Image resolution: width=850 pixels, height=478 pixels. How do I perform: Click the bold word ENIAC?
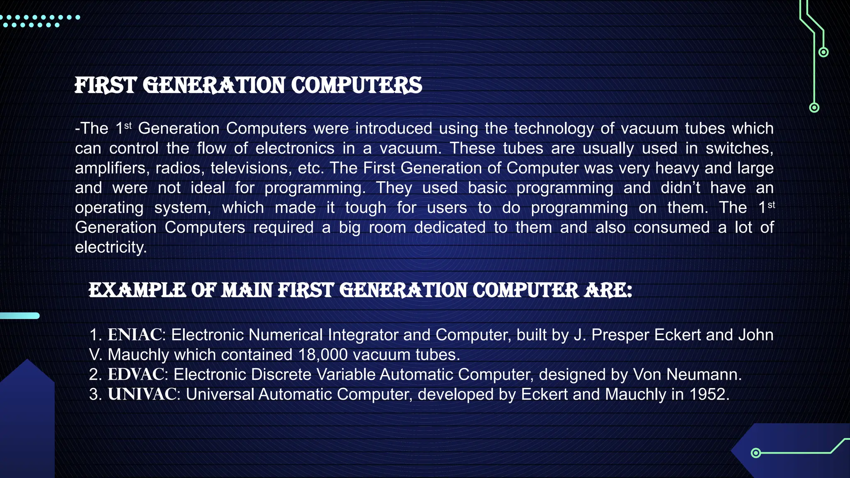tap(134, 335)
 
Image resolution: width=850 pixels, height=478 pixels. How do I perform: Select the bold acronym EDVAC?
tap(136, 374)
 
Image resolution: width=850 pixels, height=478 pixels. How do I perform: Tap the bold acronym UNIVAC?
tap(142, 394)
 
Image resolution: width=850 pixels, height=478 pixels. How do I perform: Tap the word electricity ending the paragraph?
tap(110, 247)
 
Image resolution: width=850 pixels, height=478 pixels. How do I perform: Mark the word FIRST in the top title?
tap(105, 85)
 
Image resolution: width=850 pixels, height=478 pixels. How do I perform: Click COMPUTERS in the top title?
tap(356, 85)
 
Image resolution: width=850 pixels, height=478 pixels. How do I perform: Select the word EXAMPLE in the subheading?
tap(137, 290)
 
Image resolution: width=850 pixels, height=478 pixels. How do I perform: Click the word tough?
tap(366, 207)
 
